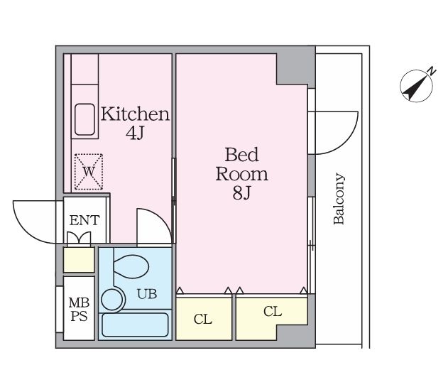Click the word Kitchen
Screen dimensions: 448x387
click(135, 114)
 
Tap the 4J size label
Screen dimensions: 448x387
click(134, 133)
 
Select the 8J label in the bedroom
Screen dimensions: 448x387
click(241, 193)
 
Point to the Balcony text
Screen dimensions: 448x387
click(339, 199)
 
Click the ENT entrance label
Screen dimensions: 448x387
click(84, 220)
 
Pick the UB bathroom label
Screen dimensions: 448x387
click(147, 294)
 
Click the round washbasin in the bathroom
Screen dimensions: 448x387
click(112, 300)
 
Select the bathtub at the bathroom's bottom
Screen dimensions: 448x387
click(135, 325)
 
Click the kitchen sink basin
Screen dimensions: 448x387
click(84, 119)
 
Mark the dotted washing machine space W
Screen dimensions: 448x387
click(89, 172)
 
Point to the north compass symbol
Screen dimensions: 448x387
click(417, 85)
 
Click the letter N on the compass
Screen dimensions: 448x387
click(432, 70)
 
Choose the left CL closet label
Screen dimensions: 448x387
click(203, 319)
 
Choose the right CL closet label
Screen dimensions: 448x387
click(273, 311)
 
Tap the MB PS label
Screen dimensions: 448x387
click(79, 310)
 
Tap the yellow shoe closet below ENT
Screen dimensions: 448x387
click(79, 260)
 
